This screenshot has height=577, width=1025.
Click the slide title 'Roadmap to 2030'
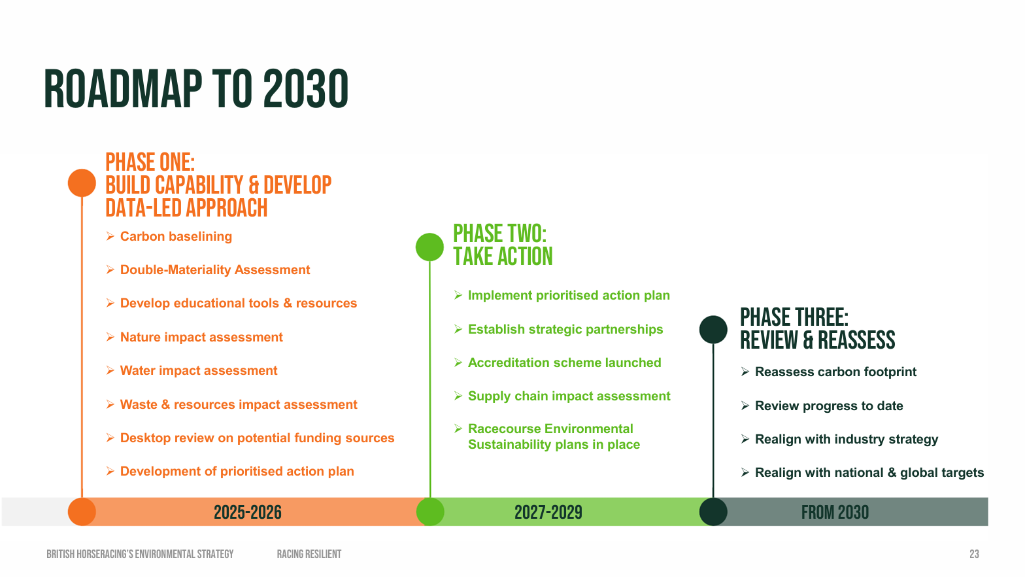(196, 89)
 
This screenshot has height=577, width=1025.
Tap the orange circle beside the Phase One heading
(82, 183)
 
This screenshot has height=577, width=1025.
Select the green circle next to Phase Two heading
(429, 247)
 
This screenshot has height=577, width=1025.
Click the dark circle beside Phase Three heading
(713, 329)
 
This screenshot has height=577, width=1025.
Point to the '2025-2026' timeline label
(247, 512)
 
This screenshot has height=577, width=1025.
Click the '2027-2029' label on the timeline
(548, 512)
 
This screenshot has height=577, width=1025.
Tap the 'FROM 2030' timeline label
(835, 512)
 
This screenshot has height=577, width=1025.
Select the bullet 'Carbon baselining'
(176, 237)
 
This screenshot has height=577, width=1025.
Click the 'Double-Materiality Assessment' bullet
(214, 270)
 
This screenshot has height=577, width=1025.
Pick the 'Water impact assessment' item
(199, 371)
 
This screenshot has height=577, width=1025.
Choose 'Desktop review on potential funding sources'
(257, 438)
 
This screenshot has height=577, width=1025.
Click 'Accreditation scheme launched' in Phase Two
(564, 363)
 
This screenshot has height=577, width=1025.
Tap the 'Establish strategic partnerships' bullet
(565, 330)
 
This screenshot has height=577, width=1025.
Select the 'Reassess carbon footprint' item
(835, 372)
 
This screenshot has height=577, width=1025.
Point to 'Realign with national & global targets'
(869, 473)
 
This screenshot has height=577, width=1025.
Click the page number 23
(974, 554)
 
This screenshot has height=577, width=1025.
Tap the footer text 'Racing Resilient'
(309, 554)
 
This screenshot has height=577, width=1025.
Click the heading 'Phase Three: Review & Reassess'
(817, 329)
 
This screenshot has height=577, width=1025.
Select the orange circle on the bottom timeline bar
(82, 512)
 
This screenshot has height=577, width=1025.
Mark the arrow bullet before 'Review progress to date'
(745, 406)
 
